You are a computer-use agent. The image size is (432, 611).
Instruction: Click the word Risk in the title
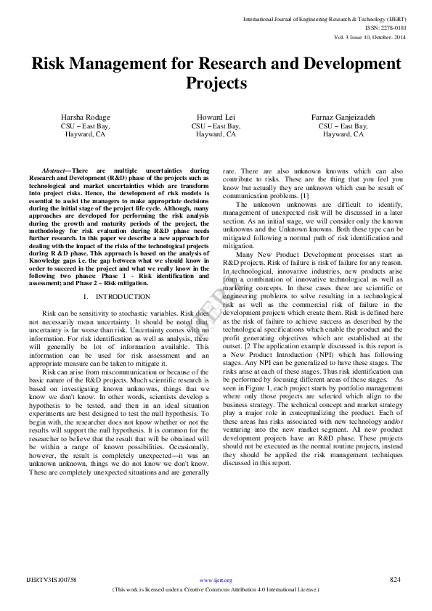pos(50,63)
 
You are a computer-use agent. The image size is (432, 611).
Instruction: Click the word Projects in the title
pos(216,83)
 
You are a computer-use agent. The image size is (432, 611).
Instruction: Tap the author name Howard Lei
pos(216,117)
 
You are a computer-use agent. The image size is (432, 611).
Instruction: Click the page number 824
pos(396,579)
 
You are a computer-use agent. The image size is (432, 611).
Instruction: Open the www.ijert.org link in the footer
pos(216,580)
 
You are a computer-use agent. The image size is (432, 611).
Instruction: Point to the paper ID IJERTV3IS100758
pos(52,580)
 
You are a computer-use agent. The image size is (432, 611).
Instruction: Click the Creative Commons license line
pos(216,589)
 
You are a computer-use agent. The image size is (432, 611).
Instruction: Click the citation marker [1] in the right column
pos(304,196)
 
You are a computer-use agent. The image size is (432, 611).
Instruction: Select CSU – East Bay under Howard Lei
pos(216,126)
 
